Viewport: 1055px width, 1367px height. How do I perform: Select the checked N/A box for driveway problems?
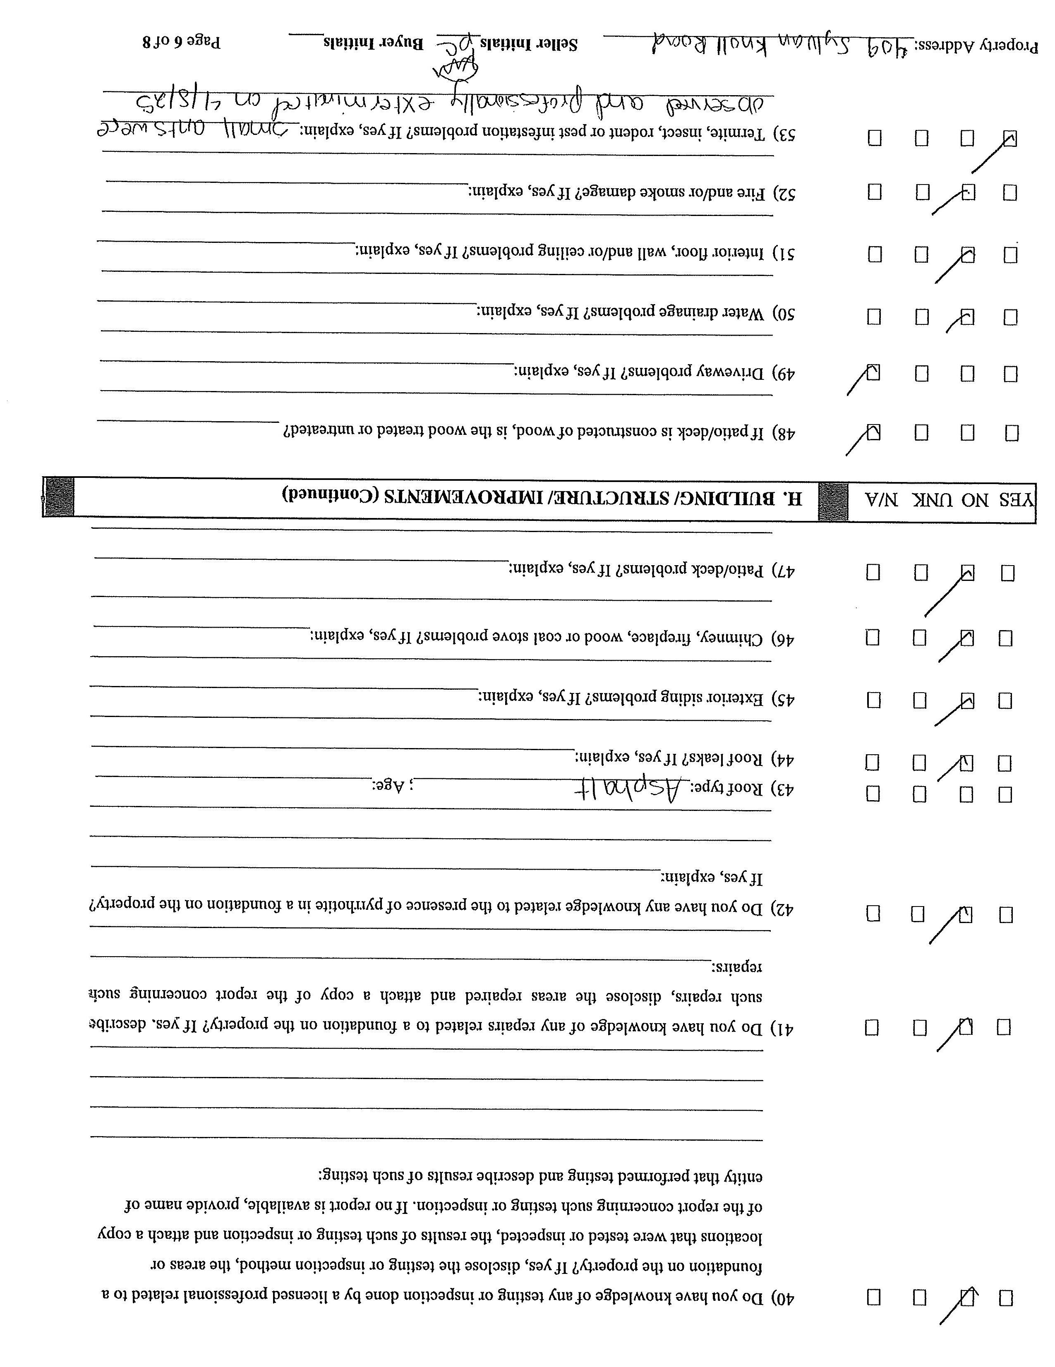pyautogui.click(x=873, y=373)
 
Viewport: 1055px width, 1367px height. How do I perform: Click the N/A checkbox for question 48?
pyautogui.click(x=873, y=432)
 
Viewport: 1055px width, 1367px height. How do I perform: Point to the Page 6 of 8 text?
pyautogui.click(x=182, y=43)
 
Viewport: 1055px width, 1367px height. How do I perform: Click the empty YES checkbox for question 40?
pyautogui.click(x=1006, y=1297)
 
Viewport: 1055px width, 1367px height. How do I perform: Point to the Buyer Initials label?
pyautogui.click(x=374, y=43)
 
